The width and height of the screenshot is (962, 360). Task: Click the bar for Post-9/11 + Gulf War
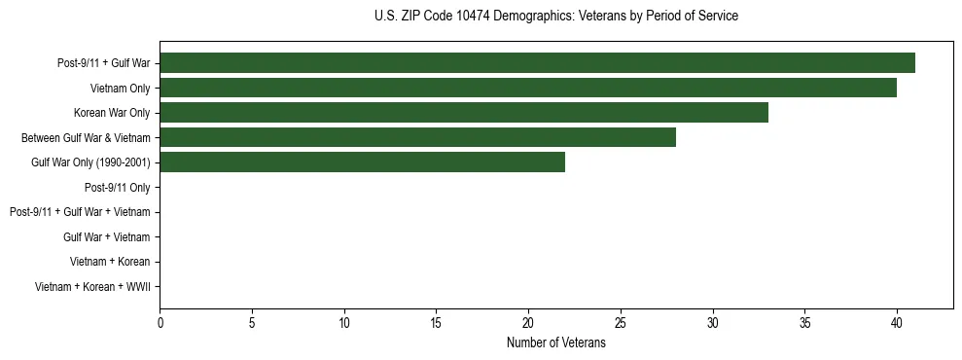[537, 63]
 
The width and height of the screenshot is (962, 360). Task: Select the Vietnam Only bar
[528, 89]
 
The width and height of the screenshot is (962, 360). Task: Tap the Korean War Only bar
[464, 113]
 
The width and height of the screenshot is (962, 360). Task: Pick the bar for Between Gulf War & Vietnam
[417, 137]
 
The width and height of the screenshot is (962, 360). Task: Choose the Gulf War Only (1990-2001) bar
[362, 162]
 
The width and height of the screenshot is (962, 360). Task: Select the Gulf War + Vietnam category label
[106, 236]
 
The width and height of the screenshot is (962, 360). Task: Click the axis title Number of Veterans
[555, 342]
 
